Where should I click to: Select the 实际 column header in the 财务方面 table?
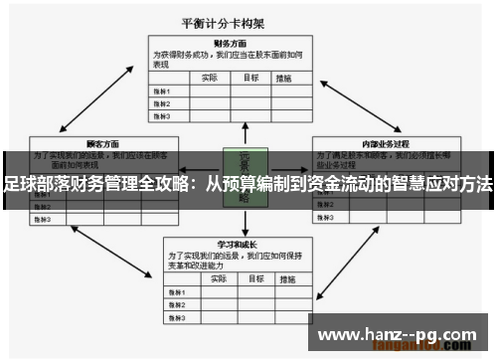210,78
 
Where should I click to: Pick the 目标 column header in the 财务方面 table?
251,78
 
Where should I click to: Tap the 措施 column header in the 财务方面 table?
286,78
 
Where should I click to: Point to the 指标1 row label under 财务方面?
161,90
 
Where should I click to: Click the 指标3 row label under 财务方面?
161,115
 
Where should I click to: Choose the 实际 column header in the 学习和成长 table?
210,278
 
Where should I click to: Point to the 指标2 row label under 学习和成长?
177,303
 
